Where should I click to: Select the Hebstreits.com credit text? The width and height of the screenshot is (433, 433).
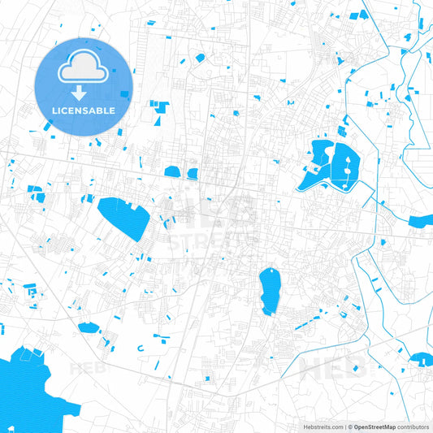(x=320, y=427)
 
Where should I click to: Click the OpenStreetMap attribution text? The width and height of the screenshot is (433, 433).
(x=374, y=427)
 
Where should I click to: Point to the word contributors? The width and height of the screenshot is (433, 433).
(x=414, y=427)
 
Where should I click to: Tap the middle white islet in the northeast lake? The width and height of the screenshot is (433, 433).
(x=349, y=165)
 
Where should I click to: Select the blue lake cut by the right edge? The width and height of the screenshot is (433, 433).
(x=422, y=221)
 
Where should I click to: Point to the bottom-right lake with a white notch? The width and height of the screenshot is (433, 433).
(x=422, y=359)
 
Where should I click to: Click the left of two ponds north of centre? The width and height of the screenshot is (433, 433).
(x=172, y=171)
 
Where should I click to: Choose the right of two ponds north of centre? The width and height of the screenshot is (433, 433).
(x=193, y=173)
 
